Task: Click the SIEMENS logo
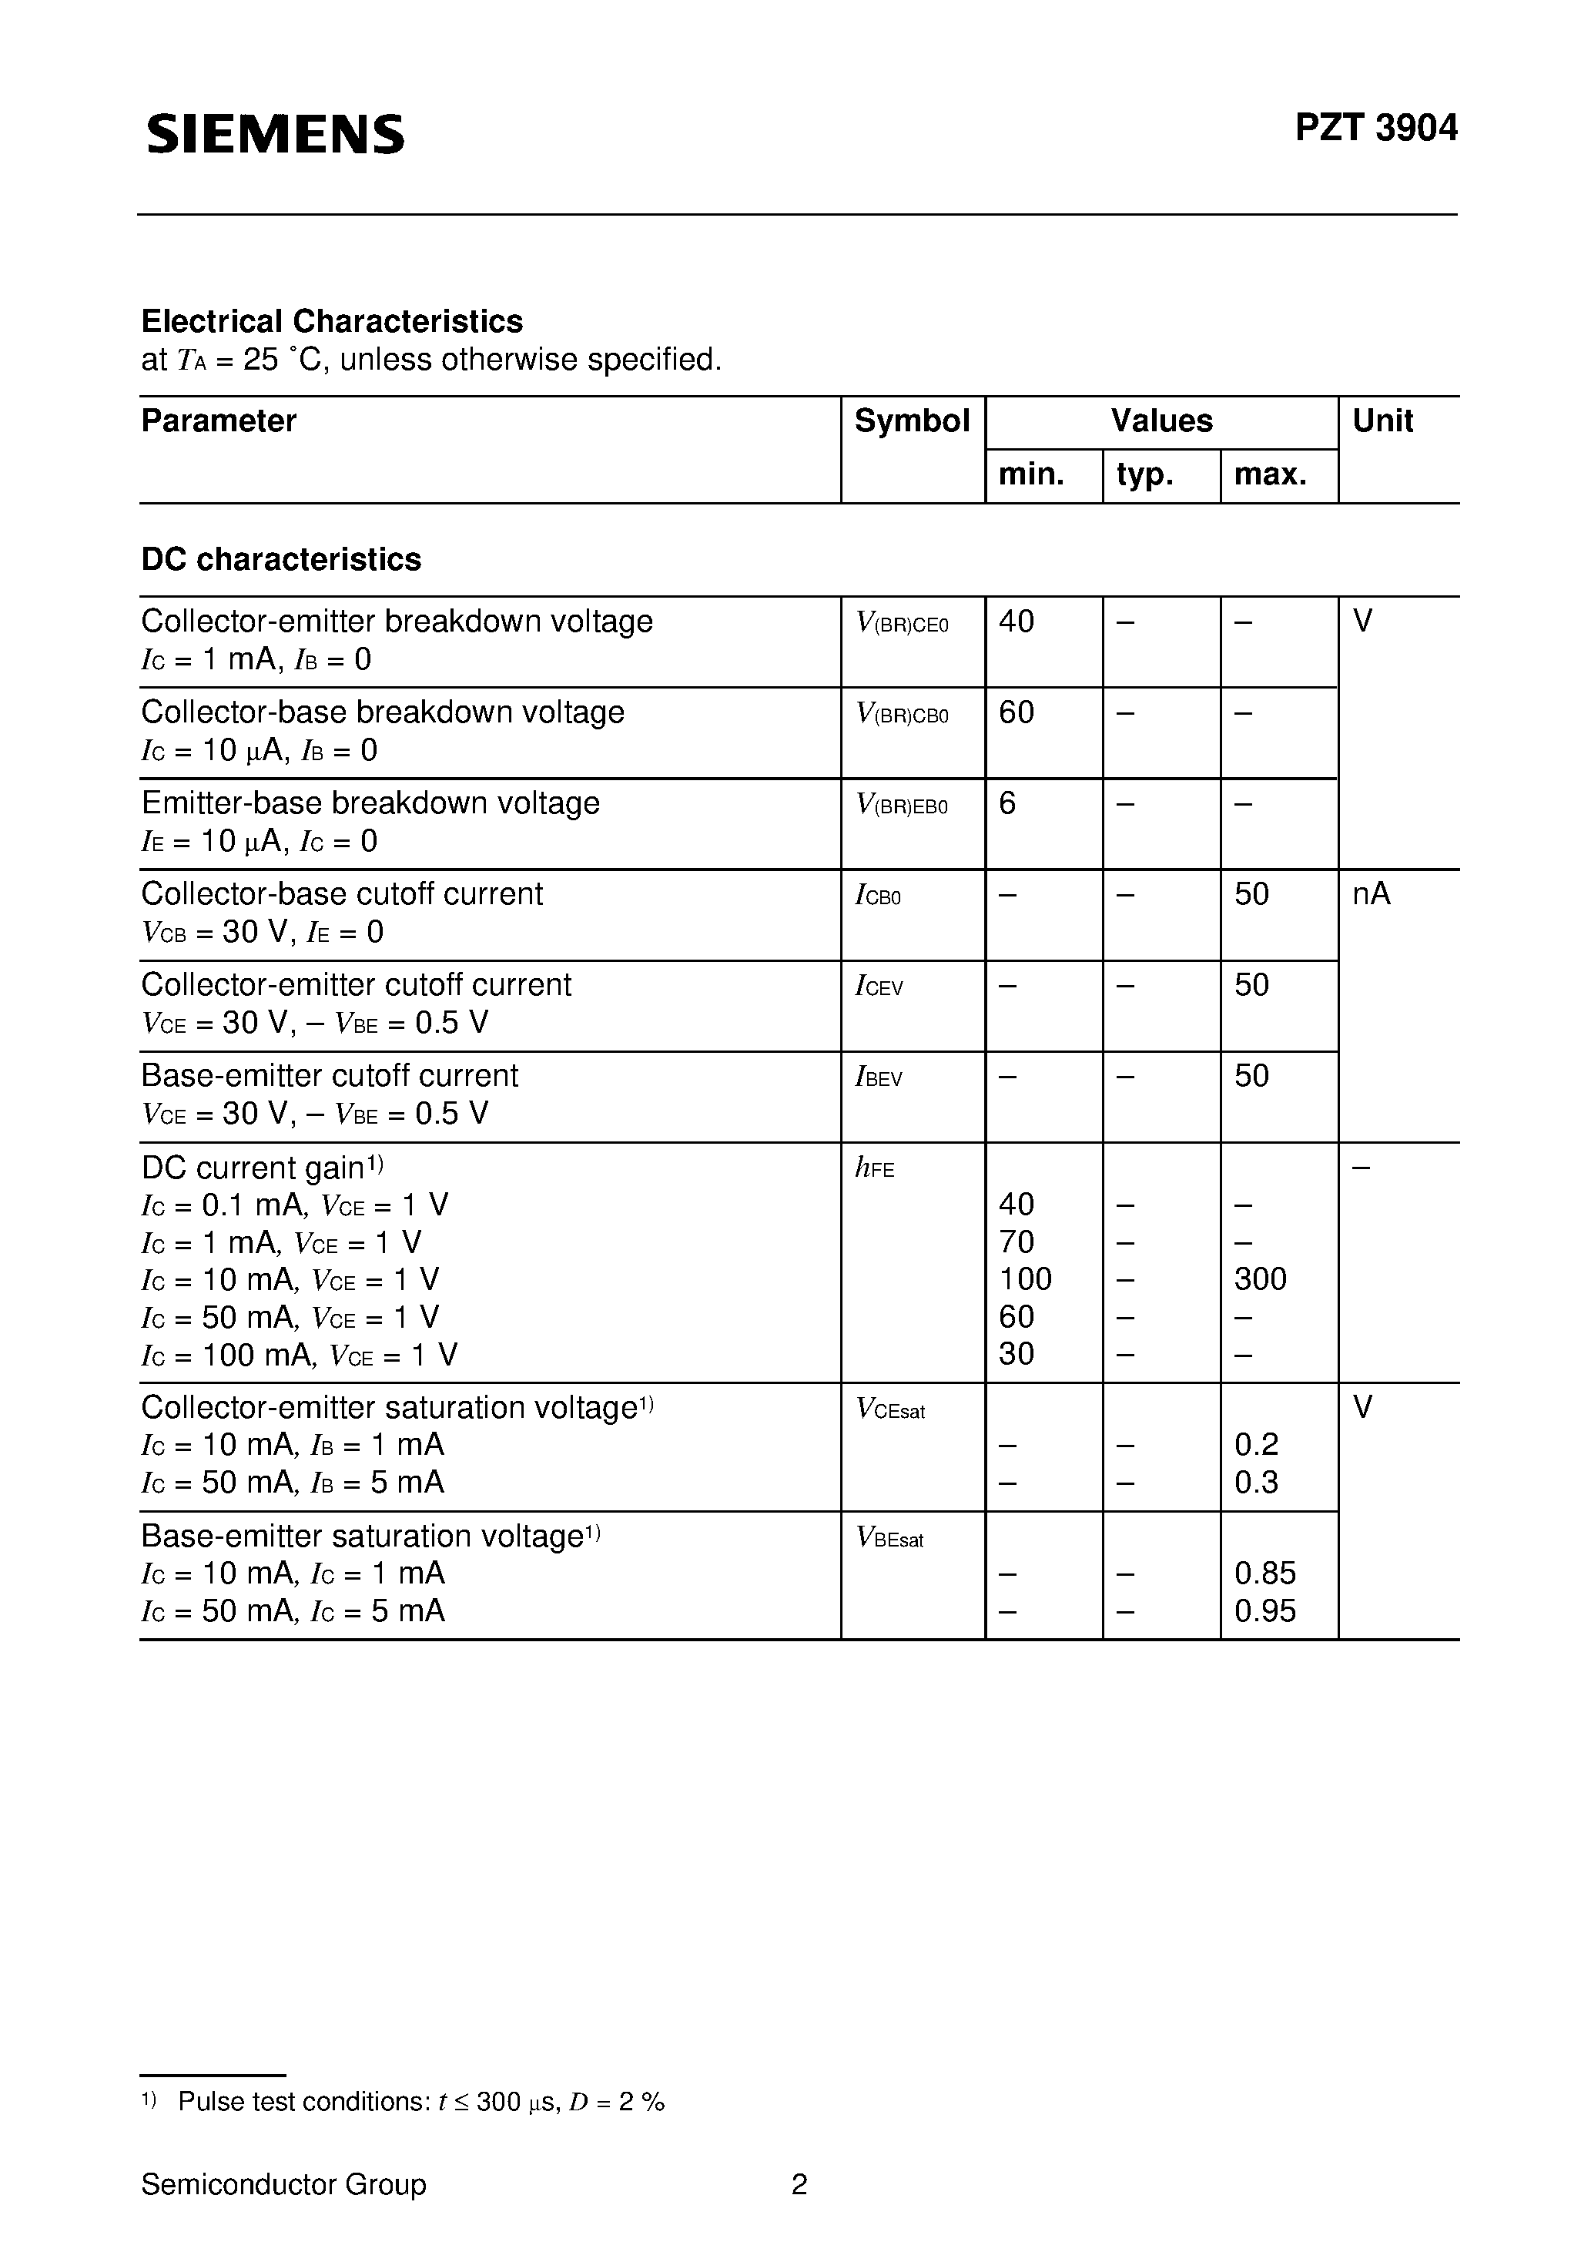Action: [x=276, y=133]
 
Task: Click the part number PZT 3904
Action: [x=1375, y=129]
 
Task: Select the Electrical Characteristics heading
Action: [x=332, y=320]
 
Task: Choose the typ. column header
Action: [x=1144, y=474]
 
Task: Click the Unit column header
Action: [x=1382, y=421]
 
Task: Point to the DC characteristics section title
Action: [x=282, y=559]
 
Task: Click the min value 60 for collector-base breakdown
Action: [x=1017, y=712]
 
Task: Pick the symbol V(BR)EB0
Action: [x=902, y=806]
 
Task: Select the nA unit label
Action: [x=1372, y=893]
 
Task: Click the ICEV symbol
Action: [x=879, y=987]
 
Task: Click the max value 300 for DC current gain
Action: [x=1261, y=1279]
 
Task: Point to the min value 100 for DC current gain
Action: [x=1025, y=1279]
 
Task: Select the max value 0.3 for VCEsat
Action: [x=1257, y=1482]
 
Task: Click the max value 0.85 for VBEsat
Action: [x=1265, y=1573]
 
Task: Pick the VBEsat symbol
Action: [x=889, y=1538]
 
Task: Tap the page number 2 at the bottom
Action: [x=799, y=2184]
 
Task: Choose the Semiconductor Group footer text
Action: [x=283, y=2184]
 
